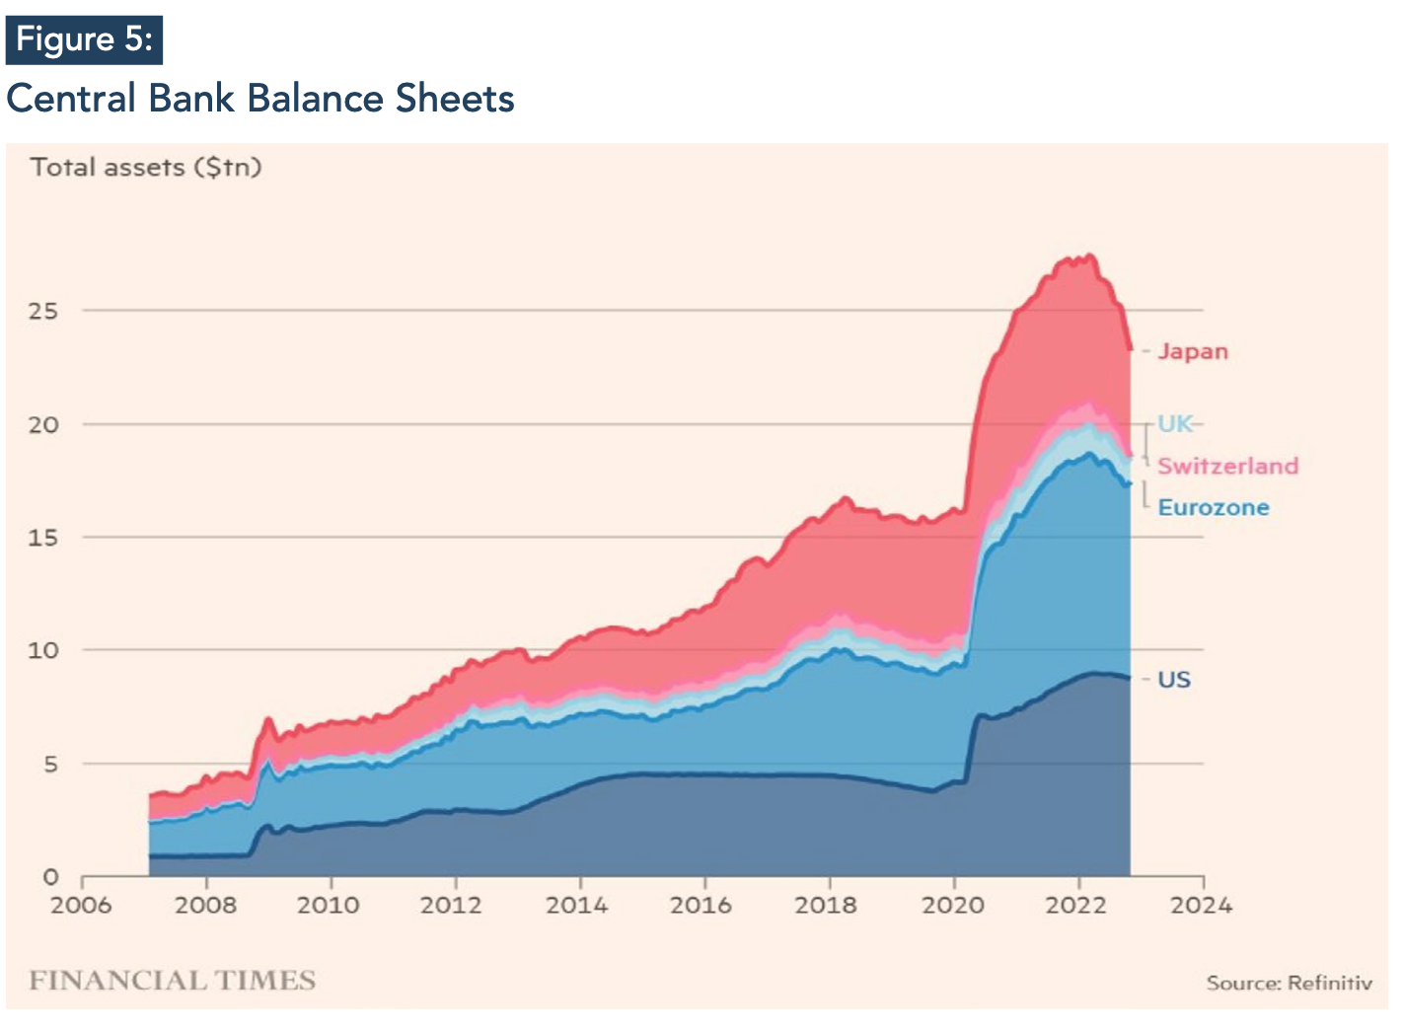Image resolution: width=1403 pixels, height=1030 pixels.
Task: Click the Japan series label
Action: click(x=1193, y=351)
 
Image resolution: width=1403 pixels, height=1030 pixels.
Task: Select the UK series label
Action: click(x=1174, y=424)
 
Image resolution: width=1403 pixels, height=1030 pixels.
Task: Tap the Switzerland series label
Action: click(x=1227, y=466)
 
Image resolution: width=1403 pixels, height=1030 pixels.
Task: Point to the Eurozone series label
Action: click(x=1213, y=507)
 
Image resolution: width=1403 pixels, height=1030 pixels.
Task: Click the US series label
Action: click(x=1174, y=680)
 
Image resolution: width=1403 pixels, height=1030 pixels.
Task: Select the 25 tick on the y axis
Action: click(x=43, y=311)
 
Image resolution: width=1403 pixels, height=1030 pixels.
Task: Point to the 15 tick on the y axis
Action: click(x=43, y=538)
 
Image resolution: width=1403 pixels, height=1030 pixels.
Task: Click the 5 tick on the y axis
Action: click(x=50, y=764)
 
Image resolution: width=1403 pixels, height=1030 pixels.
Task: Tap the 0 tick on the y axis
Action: click(x=51, y=877)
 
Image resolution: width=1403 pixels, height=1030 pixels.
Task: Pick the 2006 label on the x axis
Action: click(x=81, y=905)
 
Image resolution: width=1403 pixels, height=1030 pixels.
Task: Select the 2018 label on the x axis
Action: click(x=827, y=905)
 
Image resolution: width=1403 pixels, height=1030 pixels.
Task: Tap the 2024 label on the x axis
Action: click(x=1202, y=905)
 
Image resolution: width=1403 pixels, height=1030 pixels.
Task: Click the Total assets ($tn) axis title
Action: click(x=146, y=167)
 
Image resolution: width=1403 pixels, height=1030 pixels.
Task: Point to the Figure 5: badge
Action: click(x=84, y=39)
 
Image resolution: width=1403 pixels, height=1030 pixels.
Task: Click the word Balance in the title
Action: click(x=315, y=99)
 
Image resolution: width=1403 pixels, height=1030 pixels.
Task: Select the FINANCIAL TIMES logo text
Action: click(x=173, y=980)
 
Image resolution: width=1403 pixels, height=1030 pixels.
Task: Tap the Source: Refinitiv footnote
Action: click(x=1289, y=983)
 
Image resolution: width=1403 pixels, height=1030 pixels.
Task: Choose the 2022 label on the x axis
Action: click(x=1076, y=905)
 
